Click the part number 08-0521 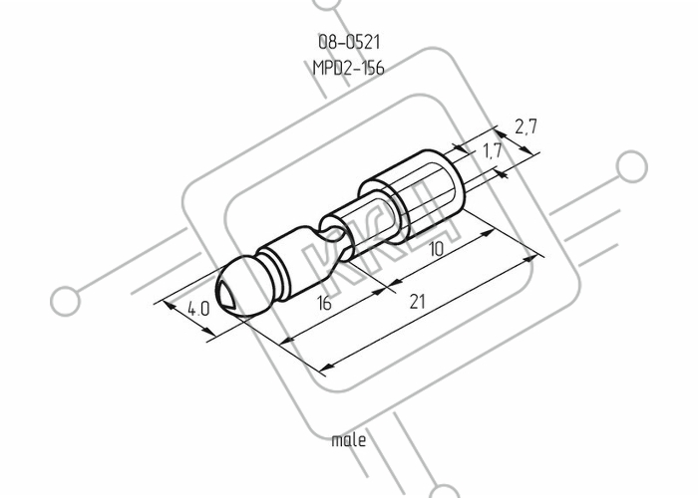point(349,43)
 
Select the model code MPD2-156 point(349,68)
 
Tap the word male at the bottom point(349,440)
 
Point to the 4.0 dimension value point(198,309)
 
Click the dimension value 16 point(324,303)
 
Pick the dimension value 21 point(417,302)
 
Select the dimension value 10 point(436,249)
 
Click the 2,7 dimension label point(526,126)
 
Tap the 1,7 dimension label point(492,151)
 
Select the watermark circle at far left point(66,301)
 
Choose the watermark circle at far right point(631,166)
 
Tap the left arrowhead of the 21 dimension point(327,368)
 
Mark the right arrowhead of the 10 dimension point(487,233)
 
